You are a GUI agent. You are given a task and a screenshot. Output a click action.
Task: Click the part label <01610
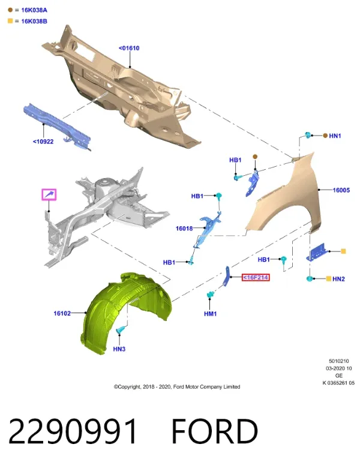tap(129, 48)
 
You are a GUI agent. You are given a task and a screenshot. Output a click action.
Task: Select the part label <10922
tap(43, 142)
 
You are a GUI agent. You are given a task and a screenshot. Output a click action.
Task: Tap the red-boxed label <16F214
tap(256, 278)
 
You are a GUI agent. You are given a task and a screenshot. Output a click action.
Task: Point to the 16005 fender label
tap(341, 190)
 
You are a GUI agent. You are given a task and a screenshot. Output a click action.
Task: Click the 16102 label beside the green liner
tap(62, 313)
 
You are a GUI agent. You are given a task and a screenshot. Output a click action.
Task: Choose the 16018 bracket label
tap(184, 229)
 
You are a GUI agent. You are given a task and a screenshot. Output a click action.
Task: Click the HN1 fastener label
tap(335, 136)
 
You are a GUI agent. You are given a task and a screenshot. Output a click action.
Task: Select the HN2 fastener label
tap(338, 279)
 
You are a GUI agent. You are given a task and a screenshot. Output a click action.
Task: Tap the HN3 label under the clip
tap(119, 349)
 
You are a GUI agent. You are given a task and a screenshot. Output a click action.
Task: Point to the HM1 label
tap(210, 314)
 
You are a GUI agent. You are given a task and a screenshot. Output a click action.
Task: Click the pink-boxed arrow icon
tap(49, 194)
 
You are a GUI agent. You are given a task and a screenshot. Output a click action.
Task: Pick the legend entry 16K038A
tap(34, 10)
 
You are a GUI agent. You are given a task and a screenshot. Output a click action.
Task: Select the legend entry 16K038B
tap(34, 22)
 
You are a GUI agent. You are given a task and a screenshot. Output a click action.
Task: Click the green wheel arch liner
tap(126, 313)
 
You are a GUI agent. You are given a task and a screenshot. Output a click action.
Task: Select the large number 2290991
tap(73, 431)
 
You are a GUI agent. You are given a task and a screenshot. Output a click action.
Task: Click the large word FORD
tap(215, 431)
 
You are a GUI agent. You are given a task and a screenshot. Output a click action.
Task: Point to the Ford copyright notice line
tap(176, 387)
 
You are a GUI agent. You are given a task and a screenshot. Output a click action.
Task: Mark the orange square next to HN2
tap(328, 279)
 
